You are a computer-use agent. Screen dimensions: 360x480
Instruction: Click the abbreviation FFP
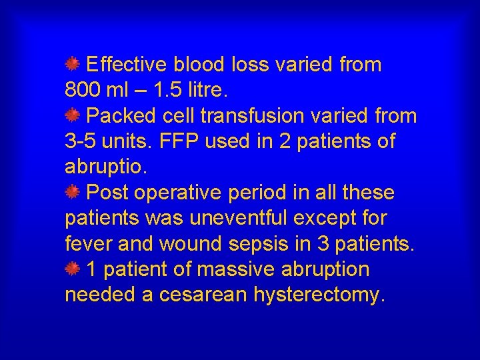[x=178, y=141]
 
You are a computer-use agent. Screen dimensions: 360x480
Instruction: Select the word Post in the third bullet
[x=108, y=193]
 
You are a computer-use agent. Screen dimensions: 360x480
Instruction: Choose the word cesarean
[x=204, y=295]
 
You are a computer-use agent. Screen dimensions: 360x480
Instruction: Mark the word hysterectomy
[x=319, y=295]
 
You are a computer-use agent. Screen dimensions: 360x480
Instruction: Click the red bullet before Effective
[x=73, y=64]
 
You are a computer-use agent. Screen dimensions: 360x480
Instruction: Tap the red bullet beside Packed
[x=73, y=116]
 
